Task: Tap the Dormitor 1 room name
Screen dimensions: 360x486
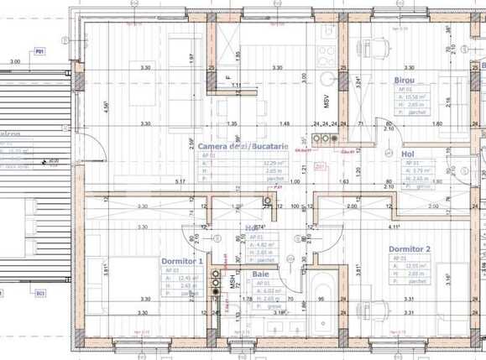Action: click(182, 261)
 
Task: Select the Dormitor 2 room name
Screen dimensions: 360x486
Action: click(409, 249)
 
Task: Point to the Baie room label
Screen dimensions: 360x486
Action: click(261, 274)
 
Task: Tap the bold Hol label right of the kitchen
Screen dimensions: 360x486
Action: click(409, 154)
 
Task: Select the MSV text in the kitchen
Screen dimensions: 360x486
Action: click(327, 102)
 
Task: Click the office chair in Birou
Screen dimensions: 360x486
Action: click(375, 48)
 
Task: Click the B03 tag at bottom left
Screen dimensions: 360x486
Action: click(39, 294)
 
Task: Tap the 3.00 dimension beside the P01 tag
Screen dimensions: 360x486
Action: click(15, 62)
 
